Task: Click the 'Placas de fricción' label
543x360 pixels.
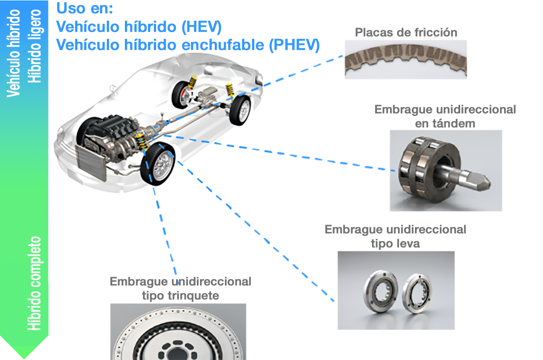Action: click(x=406, y=33)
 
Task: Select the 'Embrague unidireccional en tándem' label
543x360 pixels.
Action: click(x=445, y=116)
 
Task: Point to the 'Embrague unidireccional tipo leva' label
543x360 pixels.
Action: click(x=395, y=236)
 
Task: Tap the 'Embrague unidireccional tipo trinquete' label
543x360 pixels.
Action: click(x=180, y=288)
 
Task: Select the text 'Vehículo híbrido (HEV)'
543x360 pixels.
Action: click(x=138, y=27)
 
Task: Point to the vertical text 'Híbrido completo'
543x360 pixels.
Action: click(x=35, y=283)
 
